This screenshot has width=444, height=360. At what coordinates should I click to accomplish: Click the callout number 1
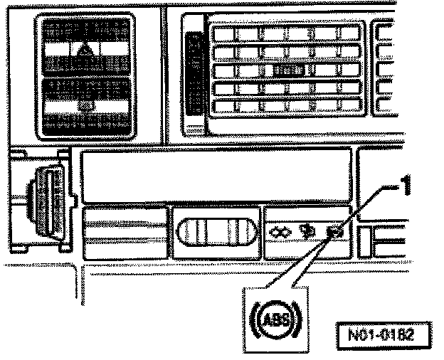pos(405,188)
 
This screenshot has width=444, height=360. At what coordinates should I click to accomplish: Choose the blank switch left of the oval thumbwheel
pos(125,232)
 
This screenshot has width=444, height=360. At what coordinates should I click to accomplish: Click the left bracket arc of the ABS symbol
pos(253,317)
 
